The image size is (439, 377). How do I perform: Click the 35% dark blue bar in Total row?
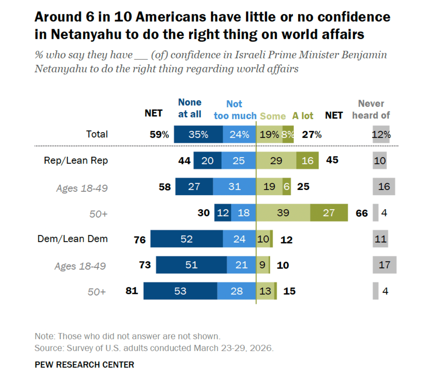pyautogui.click(x=198, y=134)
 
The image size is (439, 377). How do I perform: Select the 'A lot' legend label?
pyautogui.click(x=303, y=116)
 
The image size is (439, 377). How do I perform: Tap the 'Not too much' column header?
pyautogui.click(x=235, y=110)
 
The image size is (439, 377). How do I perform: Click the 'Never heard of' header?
pyautogui.click(x=371, y=110)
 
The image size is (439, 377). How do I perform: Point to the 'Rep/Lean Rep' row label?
pyautogui.click(x=76, y=160)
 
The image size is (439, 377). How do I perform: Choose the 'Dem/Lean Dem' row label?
pyautogui.click(x=72, y=239)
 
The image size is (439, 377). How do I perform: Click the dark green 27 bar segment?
pyautogui.click(x=329, y=212)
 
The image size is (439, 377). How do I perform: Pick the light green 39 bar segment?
pyautogui.click(x=283, y=212)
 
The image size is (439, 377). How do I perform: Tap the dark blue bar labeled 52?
pyautogui.click(x=187, y=239)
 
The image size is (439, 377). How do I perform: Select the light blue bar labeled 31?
pyautogui.click(x=234, y=186)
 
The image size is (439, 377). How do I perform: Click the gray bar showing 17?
pyautogui.click(x=384, y=265)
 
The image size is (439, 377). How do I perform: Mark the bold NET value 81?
pyautogui.click(x=132, y=291)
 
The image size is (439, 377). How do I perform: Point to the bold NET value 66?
pyautogui.click(x=362, y=213)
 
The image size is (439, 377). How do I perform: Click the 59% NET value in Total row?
pyautogui.click(x=159, y=135)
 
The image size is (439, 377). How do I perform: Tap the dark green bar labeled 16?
pyautogui.click(x=307, y=160)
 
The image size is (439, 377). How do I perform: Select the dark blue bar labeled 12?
pyautogui.click(x=223, y=212)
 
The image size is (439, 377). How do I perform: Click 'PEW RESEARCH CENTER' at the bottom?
pyautogui.click(x=84, y=365)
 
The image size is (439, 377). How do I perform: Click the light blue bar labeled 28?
pyautogui.click(x=236, y=291)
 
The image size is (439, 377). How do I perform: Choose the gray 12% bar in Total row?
pyautogui.click(x=381, y=134)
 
